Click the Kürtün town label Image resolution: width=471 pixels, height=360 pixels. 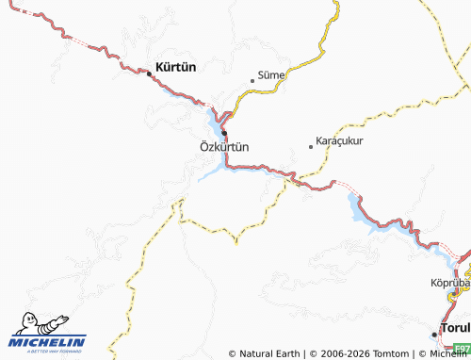(175, 69)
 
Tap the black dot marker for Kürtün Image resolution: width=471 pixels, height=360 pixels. (149, 72)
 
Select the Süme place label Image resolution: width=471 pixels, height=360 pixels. (271, 74)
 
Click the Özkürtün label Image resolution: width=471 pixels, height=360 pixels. (224, 147)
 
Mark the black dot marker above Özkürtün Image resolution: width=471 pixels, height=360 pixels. (224, 132)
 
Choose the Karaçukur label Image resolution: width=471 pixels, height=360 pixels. (340, 140)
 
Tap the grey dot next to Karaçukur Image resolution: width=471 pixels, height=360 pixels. (311, 146)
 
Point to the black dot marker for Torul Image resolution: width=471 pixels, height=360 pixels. (434, 333)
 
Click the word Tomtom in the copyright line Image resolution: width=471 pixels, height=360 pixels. (389, 353)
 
